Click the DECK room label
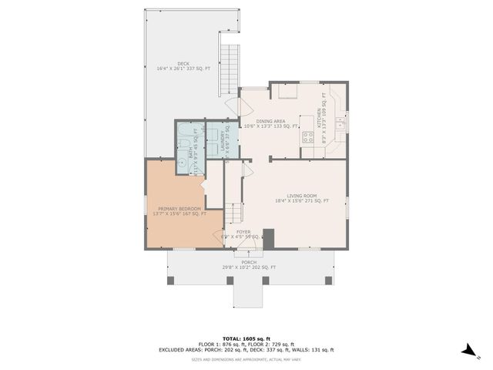(x=183, y=64)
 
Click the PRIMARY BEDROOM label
(x=179, y=209)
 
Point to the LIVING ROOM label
(x=301, y=196)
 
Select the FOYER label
(x=243, y=230)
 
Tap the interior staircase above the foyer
(x=233, y=211)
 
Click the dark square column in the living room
(x=269, y=239)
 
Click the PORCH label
(x=249, y=261)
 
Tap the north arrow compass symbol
(x=468, y=351)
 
